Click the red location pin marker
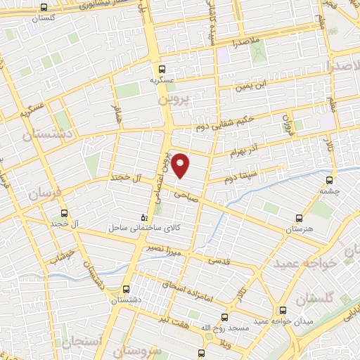[x=181, y=165]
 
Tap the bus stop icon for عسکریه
[x=162, y=69]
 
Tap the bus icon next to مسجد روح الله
[x=225, y=317]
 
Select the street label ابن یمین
[x=252, y=86]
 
